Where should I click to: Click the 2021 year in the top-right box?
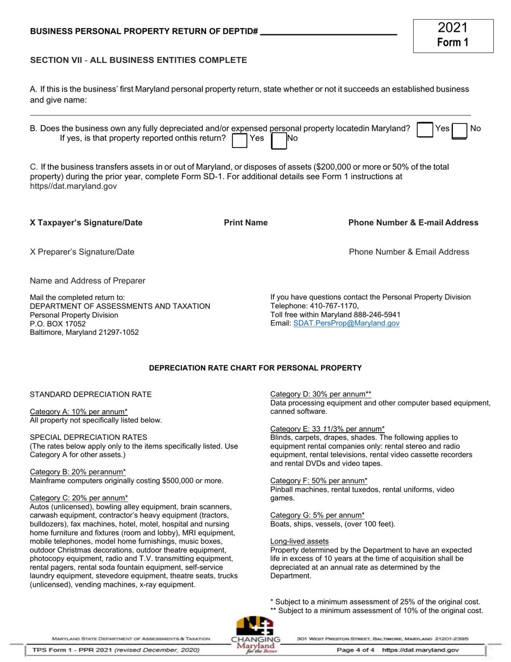pos(453,28)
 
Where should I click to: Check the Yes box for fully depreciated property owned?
pos(425,130)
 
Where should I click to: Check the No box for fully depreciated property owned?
pos(459,131)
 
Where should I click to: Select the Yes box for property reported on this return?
pos(239,140)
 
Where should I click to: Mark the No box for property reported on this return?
pos(279,140)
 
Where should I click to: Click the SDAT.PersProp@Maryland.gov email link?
pos(346,323)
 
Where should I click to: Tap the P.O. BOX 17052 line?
pos(58,324)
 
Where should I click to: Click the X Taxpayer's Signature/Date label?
pos(86,223)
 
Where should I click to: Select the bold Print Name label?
pos(246,223)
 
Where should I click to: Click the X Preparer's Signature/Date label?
pos(82,252)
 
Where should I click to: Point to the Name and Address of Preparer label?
pos(88,281)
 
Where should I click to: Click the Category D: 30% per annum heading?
pos(321,395)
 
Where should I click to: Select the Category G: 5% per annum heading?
pos(317,516)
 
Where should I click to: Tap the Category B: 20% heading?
pos(78,472)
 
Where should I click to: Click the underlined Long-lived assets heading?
pos(299,541)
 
